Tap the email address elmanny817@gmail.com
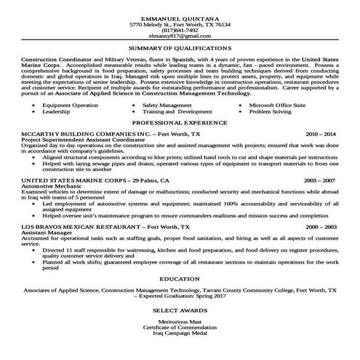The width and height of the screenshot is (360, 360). [179, 36]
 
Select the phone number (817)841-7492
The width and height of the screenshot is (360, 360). [179, 30]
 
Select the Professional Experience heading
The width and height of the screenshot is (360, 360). [179, 124]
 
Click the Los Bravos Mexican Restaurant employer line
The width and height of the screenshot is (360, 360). [105, 227]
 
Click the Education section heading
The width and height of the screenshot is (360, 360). [179, 279]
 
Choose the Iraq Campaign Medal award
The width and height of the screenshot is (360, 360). [179, 336]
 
